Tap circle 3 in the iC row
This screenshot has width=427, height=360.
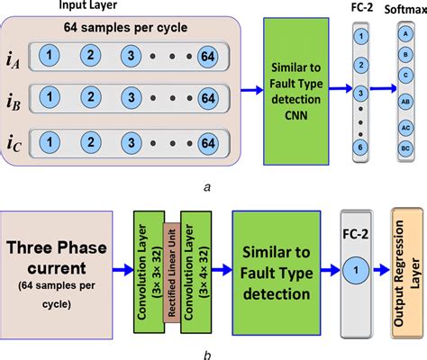click(x=132, y=142)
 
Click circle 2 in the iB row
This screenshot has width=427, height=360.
click(x=92, y=94)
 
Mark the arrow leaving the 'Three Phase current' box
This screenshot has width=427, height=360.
click(x=121, y=268)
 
